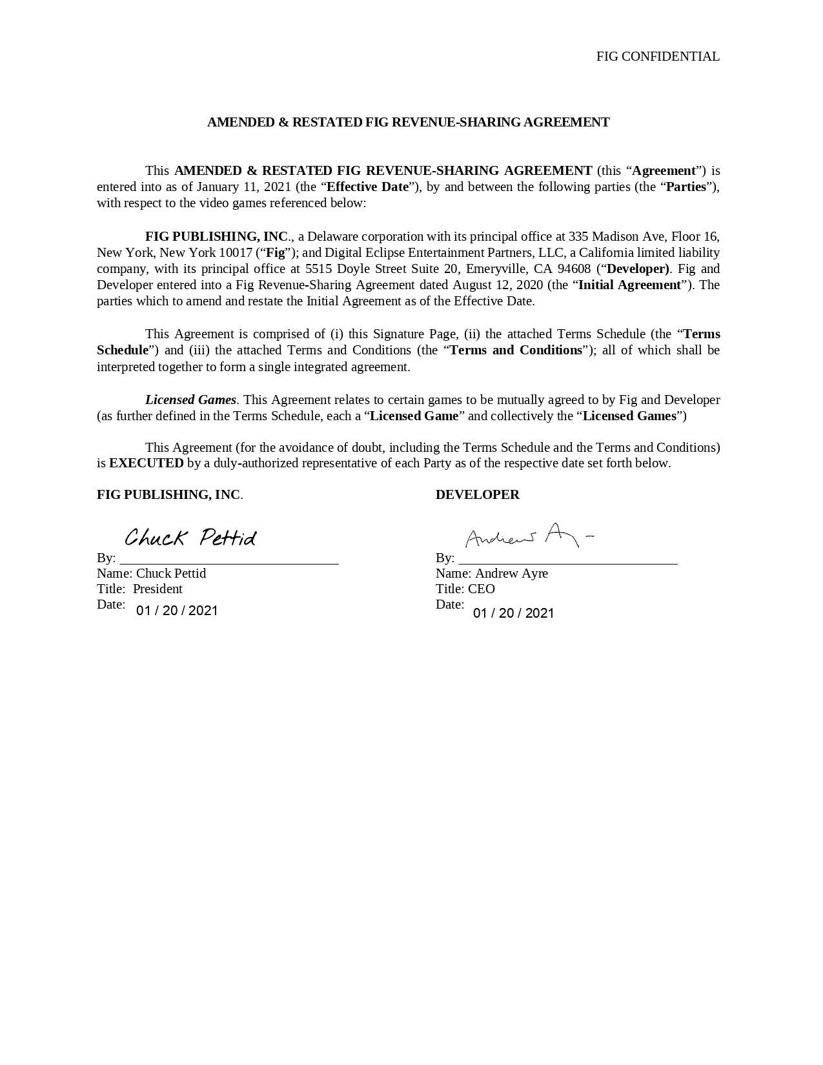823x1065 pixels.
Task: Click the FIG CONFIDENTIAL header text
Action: pos(657,57)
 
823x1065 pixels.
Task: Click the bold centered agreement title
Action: pos(408,123)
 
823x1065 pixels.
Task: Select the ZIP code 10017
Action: pos(236,252)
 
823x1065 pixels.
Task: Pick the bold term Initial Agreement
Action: pos(629,285)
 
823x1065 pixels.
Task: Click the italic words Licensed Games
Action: pos(190,400)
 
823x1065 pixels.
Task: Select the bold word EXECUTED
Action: pos(147,463)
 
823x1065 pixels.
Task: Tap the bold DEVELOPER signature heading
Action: pos(477,495)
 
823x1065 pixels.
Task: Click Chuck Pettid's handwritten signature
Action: pos(190,538)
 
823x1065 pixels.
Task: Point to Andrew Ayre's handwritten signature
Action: pos(528,536)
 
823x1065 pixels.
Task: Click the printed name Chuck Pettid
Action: pos(171,574)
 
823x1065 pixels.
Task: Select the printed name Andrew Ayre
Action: pos(511,574)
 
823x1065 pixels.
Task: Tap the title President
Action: pos(157,589)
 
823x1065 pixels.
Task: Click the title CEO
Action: pos(482,589)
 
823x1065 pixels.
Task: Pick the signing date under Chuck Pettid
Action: pos(177,611)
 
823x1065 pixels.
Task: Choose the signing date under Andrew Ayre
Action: pos(514,613)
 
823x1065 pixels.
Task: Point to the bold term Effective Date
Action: pos(368,187)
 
